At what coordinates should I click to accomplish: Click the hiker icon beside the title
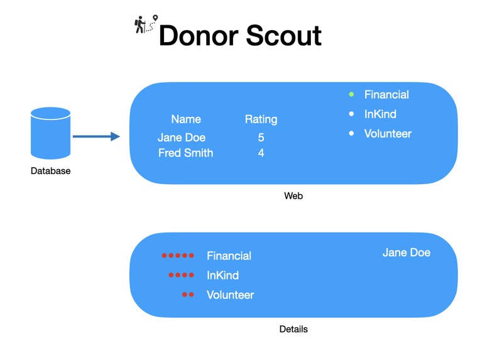click(146, 25)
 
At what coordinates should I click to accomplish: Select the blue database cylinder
click(50, 134)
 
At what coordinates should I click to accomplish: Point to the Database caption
click(51, 171)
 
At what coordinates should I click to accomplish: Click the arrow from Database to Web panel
click(96, 136)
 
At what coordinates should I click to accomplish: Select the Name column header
click(186, 119)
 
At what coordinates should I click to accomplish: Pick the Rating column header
click(261, 119)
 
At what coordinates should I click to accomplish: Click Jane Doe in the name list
click(182, 138)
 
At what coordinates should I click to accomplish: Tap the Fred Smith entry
click(185, 153)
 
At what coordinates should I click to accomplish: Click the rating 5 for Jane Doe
click(261, 138)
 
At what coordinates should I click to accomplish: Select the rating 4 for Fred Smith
click(261, 153)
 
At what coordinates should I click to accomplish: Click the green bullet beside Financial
click(352, 94)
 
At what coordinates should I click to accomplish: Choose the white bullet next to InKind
click(352, 114)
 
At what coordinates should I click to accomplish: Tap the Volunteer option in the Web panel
click(388, 133)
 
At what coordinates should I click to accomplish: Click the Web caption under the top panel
click(293, 196)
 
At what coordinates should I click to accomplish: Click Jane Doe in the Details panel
click(406, 253)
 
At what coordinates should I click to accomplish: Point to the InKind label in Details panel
click(222, 275)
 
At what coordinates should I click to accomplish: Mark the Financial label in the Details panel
click(229, 256)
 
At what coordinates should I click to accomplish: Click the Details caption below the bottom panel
click(293, 329)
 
